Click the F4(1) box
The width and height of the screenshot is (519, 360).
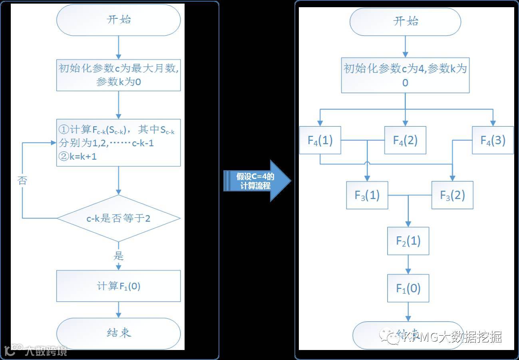320,140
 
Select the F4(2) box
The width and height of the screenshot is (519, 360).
405,140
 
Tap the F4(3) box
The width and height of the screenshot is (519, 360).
493,140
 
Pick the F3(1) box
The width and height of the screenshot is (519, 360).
367,195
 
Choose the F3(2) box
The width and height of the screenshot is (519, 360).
452,195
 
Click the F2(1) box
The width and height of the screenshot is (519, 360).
408,241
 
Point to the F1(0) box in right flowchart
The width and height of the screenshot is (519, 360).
408,288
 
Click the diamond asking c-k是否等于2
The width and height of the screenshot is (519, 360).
119,218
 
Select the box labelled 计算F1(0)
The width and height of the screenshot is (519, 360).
119,286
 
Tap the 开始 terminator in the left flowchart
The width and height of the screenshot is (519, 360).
119,20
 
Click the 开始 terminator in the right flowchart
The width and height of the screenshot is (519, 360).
405,22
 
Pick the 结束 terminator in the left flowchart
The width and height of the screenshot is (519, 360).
119,333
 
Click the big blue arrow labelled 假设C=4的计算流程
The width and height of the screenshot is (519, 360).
256,181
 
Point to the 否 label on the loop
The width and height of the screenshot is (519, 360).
22,181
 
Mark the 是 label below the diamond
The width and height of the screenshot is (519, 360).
119,256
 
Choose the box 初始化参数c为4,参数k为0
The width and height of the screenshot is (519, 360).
405,75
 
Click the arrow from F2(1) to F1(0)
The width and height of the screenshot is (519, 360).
408,265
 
